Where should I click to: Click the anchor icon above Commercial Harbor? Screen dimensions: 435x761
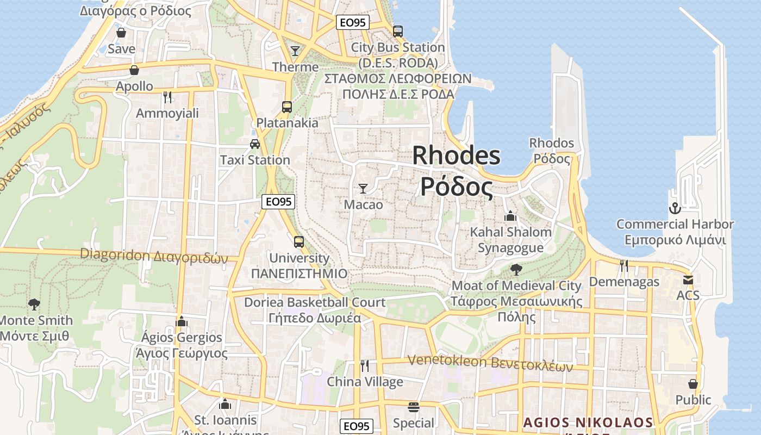[x=675, y=208]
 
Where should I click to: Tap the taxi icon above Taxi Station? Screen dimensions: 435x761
[x=254, y=144]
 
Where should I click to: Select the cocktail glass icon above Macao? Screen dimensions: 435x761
[x=363, y=189]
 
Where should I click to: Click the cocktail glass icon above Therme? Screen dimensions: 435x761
[x=295, y=51]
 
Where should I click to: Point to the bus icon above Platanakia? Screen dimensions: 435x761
[x=287, y=107]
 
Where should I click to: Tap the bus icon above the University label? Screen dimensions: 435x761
[x=299, y=242]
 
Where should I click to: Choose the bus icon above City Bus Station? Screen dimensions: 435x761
[x=398, y=32]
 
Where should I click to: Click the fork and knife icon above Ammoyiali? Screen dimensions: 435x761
[x=167, y=97]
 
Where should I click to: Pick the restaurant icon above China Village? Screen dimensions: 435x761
[x=365, y=365]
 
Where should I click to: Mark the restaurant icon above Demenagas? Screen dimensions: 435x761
[x=624, y=266]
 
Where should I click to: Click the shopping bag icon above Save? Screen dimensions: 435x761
[x=121, y=33]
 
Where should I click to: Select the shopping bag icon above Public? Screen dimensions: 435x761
[x=693, y=384]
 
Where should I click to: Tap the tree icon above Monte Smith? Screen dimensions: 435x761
[x=34, y=304]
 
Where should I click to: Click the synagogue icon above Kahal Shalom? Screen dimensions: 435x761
[x=510, y=216]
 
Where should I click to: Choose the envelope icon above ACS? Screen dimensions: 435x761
[x=688, y=280]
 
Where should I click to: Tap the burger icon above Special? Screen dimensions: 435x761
[x=414, y=407]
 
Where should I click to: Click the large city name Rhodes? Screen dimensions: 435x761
[x=456, y=156]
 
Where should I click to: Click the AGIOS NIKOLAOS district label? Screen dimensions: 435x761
[x=588, y=422]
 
